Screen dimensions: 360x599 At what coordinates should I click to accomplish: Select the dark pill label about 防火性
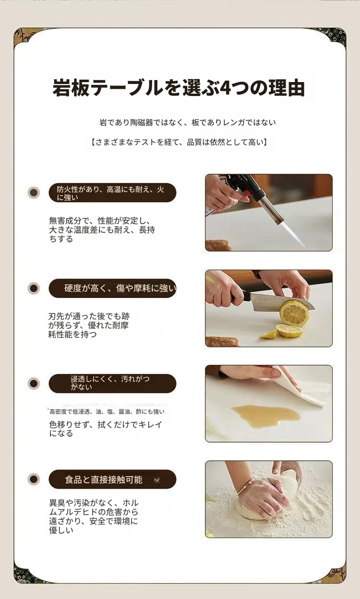112,192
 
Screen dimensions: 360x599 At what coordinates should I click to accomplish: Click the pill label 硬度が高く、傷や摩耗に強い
112,288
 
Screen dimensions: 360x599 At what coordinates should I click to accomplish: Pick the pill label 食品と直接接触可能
112,479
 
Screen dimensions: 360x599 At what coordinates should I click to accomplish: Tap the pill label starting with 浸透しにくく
112,383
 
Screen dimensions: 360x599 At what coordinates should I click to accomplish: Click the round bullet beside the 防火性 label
34,192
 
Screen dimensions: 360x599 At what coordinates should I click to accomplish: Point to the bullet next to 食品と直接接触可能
34,479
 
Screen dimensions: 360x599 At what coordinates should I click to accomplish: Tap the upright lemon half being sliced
294,313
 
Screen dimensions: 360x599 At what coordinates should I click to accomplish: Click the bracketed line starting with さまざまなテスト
179,142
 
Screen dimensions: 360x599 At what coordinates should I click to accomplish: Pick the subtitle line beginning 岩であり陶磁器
188,122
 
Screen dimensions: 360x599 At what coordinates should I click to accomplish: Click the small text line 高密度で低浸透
107,411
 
